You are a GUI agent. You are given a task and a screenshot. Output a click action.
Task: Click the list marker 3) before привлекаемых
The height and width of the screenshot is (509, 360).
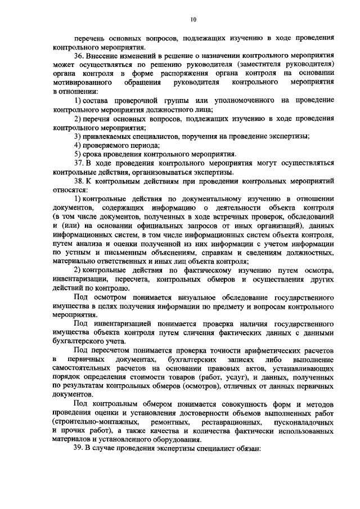78,136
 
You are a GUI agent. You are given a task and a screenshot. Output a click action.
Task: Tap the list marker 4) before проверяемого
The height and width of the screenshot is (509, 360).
78,145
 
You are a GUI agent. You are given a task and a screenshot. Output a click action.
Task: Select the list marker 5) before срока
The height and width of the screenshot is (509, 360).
78,154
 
